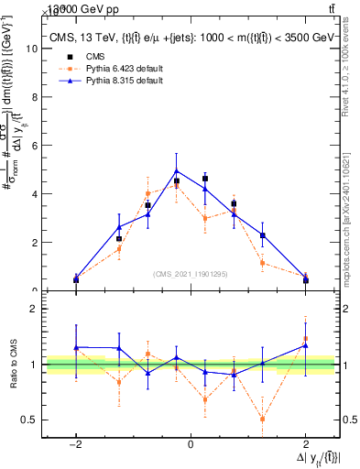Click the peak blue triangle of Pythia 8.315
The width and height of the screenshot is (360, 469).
[176, 171]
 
